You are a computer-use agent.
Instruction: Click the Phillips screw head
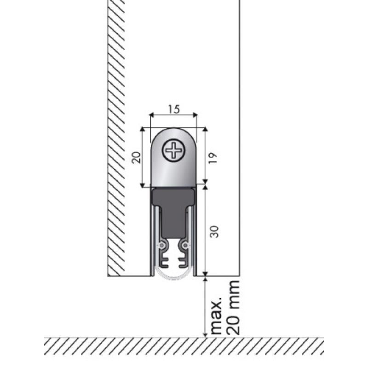[x=174, y=150]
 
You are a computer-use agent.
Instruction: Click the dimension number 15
[x=173, y=109]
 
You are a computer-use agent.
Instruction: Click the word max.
[x=216, y=316]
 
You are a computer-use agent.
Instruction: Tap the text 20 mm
[x=234, y=307]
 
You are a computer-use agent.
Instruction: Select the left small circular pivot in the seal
[x=162, y=245]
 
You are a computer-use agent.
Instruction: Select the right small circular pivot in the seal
[x=185, y=245]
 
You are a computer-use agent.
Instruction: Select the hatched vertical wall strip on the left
[x=116, y=138]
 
